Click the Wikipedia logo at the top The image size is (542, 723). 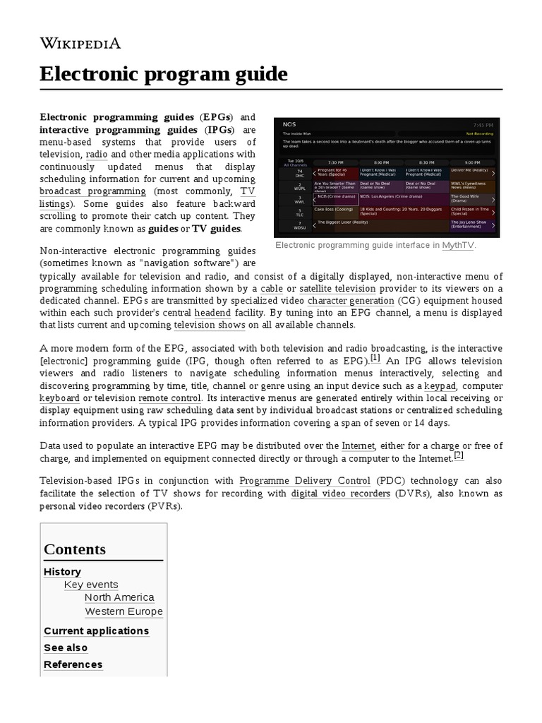[80, 44]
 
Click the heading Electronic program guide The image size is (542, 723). [164, 74]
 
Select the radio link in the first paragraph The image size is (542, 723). [97, 154]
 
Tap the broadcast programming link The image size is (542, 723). [92, 192]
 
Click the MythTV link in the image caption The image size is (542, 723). [458, 246]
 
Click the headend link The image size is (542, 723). [212, 313]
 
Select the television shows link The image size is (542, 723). [210, 325]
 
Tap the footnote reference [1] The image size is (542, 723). [375, 358]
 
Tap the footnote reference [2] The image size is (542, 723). [459, 455]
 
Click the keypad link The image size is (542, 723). [440, 386]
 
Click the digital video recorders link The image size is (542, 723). [340, 494]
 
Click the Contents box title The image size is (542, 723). [75, 549]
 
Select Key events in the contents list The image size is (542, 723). [91, 585]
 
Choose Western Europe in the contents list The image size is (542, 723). [124, 611]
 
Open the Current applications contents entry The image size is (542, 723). [96, 631]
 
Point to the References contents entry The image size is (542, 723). [73, 664]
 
